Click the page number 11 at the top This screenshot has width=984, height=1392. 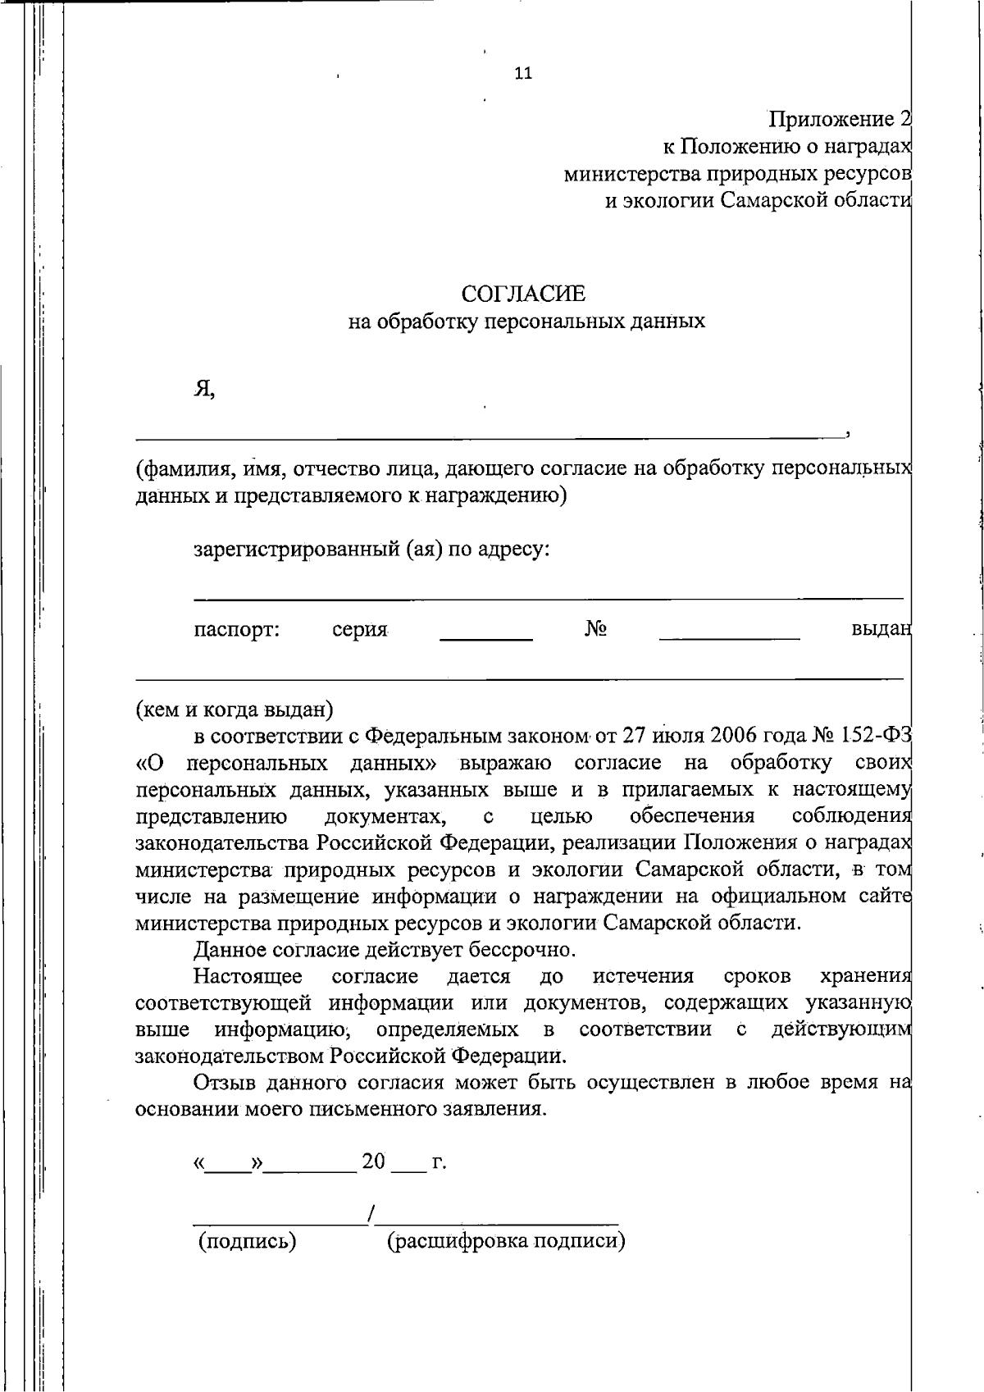(523, 73)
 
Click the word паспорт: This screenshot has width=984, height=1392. (237, 630)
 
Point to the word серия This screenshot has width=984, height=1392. (359, 630)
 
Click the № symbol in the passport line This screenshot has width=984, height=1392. (595, 629)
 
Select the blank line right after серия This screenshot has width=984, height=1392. (486, 638)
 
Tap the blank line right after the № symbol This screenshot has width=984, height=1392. (729, 638)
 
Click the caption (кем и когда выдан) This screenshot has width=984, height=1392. (234, 708)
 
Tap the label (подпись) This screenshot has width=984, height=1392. (247, 1241)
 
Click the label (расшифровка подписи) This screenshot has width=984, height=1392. (506, 1241)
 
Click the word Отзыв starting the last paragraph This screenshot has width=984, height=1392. (226, 1083)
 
